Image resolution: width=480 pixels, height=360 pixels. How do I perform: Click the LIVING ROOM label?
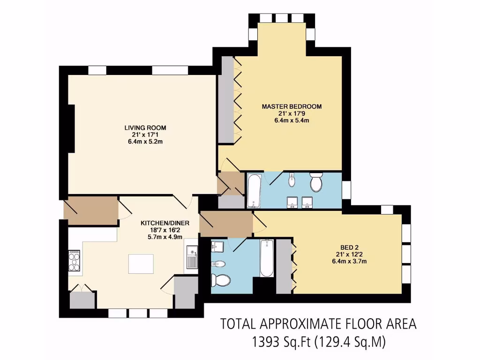(145, 127)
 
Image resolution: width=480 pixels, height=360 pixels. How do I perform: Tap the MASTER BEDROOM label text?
(292, 106)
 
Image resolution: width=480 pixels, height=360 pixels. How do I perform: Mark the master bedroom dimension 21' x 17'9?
(292, 113)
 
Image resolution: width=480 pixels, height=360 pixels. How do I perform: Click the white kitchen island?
(141, 264)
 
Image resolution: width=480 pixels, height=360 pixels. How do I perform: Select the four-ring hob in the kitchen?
(75, 261)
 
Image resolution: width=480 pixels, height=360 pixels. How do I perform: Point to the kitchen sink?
(191, 258)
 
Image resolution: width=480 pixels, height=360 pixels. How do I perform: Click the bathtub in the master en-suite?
(253, 190)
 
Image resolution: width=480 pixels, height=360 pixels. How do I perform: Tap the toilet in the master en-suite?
(316, 181)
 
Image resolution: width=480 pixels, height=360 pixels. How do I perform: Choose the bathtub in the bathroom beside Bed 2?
(267, 257)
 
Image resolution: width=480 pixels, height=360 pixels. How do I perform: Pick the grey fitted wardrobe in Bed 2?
(284, 266)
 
